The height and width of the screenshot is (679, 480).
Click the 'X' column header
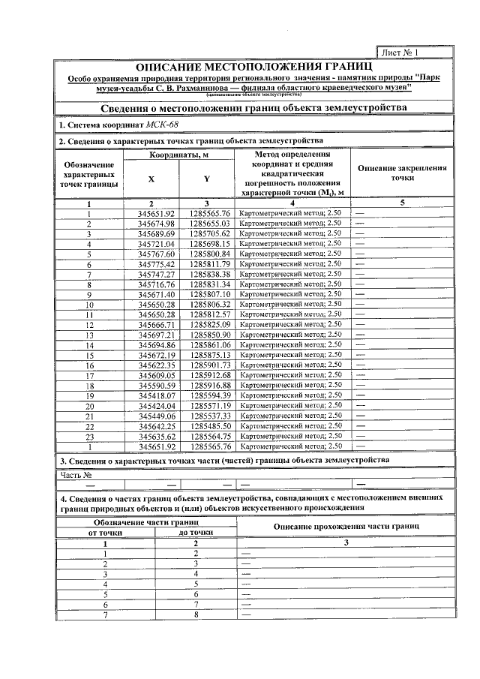pos(151,179)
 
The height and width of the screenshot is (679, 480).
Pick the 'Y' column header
pos(206,179)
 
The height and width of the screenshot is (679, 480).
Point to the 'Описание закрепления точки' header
pos(402,174)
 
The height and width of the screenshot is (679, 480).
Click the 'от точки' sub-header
pos(89,532)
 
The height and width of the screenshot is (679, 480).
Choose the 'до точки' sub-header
pos(194,532)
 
